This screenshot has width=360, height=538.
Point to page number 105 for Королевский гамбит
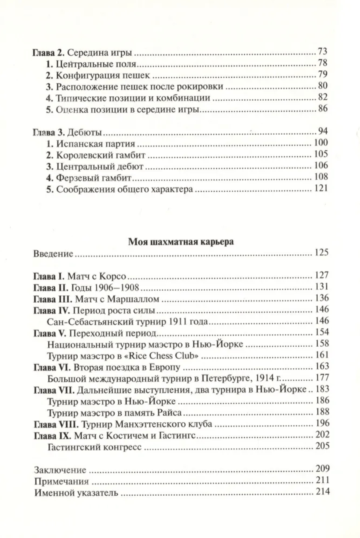322,154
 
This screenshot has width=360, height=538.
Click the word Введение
53,253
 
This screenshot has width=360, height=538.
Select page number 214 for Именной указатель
322,492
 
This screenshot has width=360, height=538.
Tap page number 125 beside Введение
322,253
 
